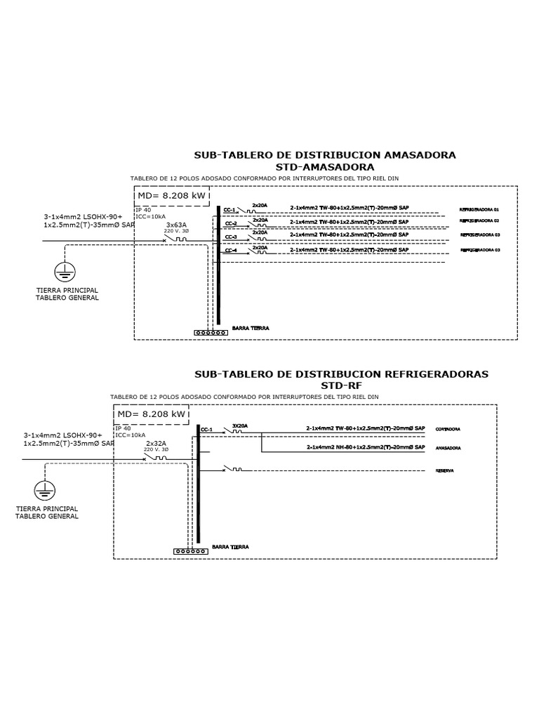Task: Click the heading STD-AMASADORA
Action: coord(324,167)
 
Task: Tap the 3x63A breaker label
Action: coord(176,224)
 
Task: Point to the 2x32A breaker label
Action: coord(156,443)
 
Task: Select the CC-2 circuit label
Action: coord(230,223)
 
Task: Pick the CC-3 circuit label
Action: coord(230,237)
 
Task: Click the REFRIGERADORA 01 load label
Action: coord(479,209)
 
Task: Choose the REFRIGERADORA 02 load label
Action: coord(479,222)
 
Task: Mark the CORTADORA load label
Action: coord(448,428)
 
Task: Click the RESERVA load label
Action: coord(444,471)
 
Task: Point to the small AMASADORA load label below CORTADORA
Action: coord(448,448)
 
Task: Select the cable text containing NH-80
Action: coord(365,447)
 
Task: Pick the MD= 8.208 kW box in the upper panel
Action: coord(171,196)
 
